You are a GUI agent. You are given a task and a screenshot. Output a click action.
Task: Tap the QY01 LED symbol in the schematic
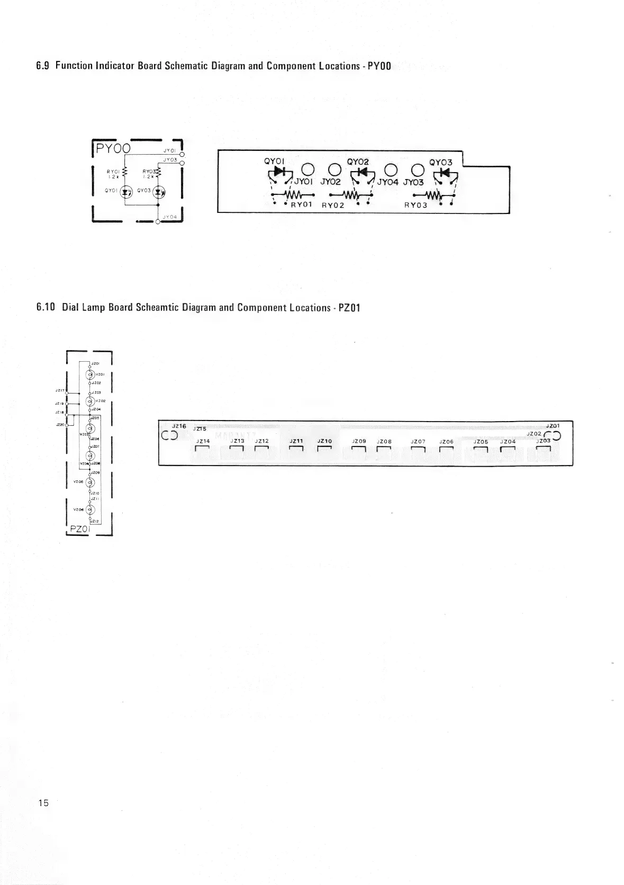pos(126,192)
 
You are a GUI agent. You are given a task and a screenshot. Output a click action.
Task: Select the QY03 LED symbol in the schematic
pos(158,192)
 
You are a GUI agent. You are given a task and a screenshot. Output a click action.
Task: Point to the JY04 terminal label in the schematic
pos(169,216)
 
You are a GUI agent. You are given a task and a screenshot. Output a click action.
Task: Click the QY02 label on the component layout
pos(358,162)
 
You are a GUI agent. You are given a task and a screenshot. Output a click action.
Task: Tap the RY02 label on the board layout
pos(333,205)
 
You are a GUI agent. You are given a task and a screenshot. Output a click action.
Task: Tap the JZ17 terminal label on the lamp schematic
pos(59,390)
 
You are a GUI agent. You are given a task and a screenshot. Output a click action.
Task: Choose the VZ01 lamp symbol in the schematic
pos(90,375)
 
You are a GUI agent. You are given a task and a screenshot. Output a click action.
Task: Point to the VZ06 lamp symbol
pos(90,509)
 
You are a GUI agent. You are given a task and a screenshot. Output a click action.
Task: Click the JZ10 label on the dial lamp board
pos(324,441)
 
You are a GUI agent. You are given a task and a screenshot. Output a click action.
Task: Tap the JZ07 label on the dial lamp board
pos(418,441)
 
